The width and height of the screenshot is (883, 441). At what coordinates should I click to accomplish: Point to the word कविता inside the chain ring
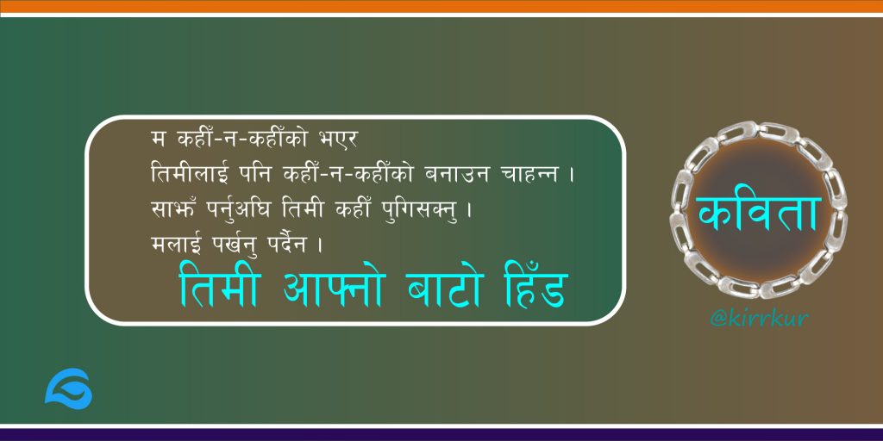(x=758, y=214)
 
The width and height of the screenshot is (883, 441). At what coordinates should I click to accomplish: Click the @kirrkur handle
(x=759, y=319)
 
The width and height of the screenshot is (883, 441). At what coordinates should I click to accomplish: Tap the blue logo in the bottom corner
(x=68, y=388)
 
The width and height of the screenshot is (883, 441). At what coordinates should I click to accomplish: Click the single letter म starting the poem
(x=159, y=140)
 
